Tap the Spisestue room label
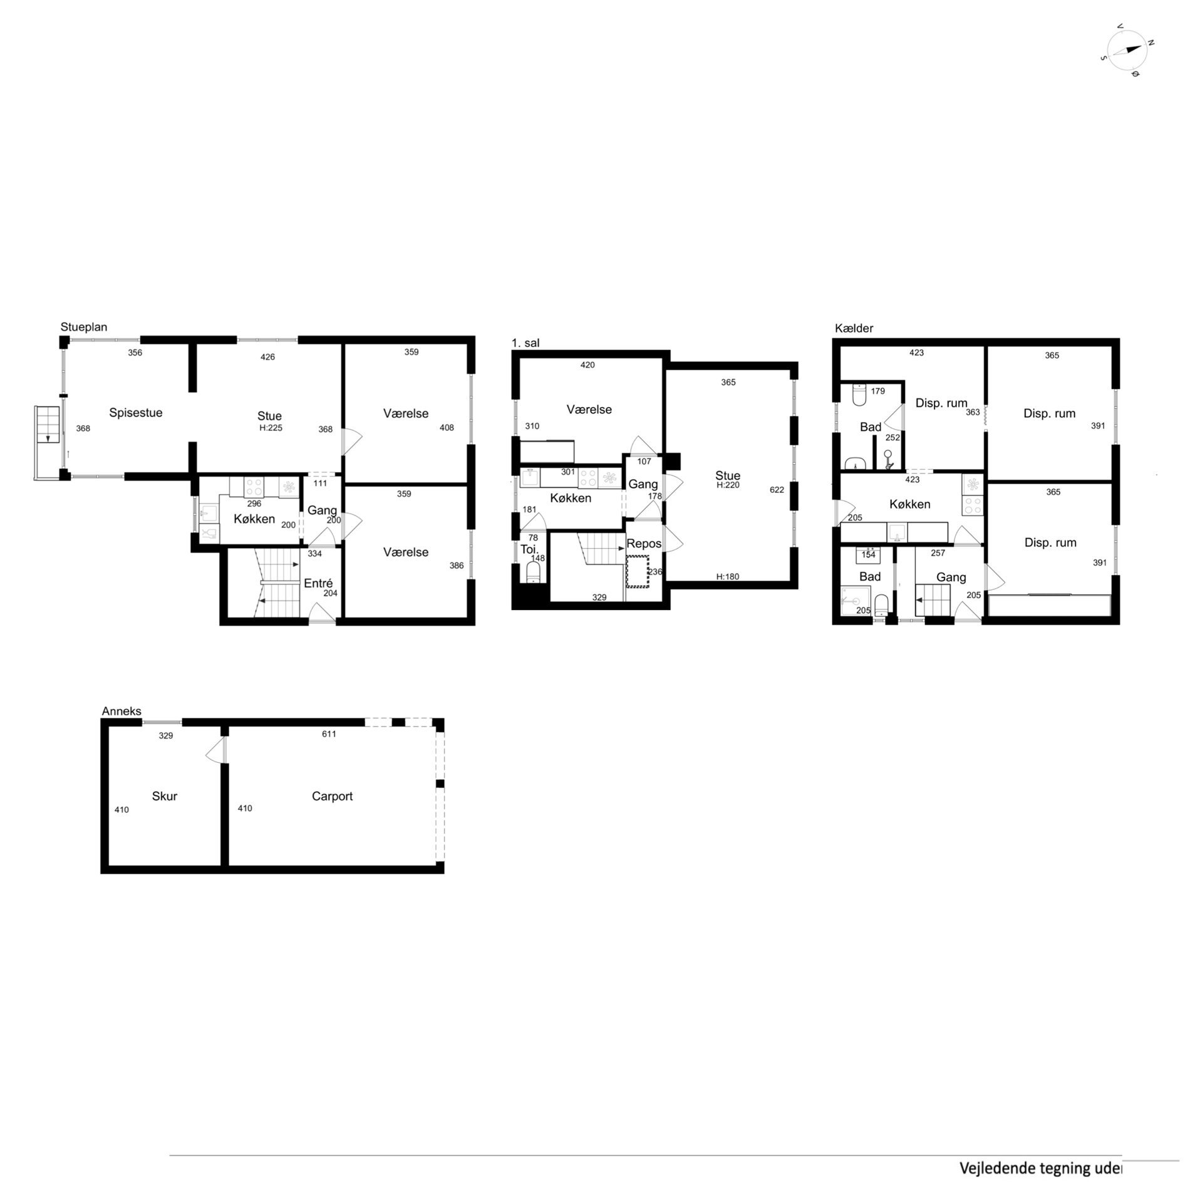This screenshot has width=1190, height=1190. point(136,413)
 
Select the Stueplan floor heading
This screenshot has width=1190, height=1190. point(84,327)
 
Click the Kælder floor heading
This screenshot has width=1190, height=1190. point(854,328)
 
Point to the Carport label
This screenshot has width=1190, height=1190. point(332,796)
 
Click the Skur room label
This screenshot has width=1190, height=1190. point(165,796)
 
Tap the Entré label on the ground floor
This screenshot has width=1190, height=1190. point(318,583)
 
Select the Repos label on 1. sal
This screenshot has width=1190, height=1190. point(644,544)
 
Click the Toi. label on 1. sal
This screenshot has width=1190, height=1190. point(529,549)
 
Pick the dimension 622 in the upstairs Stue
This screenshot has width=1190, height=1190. point(777,490)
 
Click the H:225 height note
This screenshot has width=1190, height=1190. point(269,428)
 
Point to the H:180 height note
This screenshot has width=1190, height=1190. point(728,577)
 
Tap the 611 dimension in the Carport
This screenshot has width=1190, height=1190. point(329,734)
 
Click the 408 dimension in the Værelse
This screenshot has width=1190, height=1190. point(447,428)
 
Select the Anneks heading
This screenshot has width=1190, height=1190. point(122,711)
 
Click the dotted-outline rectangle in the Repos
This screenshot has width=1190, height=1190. point(638,571)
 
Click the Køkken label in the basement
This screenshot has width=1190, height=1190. point(909,504)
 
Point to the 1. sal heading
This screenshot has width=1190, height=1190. point(525,343)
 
